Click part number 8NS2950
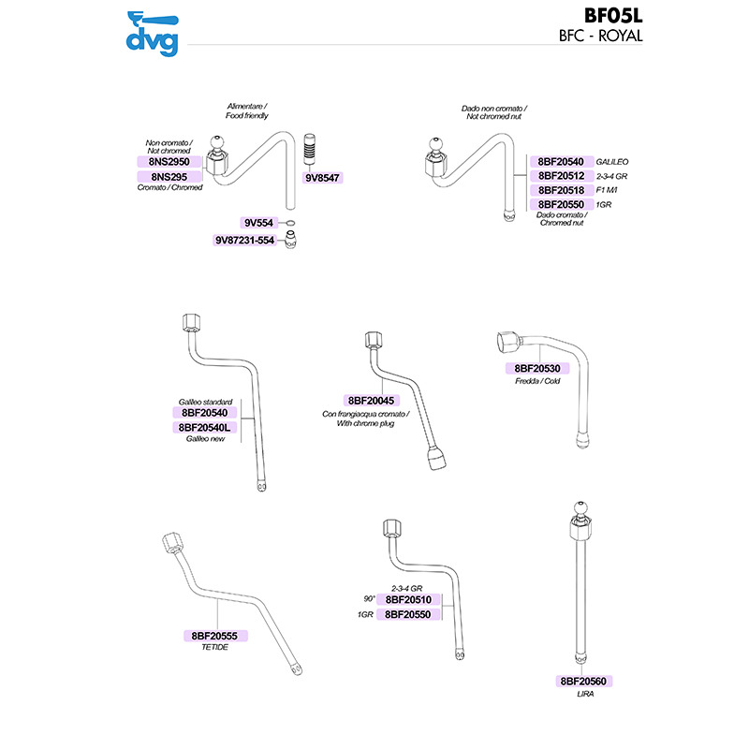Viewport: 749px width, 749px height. point(165,161)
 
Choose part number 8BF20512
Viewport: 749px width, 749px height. point(561,175)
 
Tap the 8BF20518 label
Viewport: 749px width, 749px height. point(561,189)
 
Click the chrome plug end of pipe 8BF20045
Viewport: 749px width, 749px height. point(436,460)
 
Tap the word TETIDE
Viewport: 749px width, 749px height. point(215,648)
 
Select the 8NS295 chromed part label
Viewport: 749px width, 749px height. point(165,176)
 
